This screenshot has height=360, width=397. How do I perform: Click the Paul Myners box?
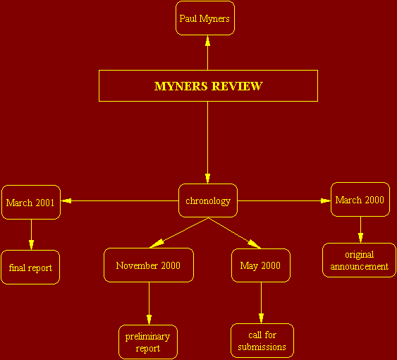coord(205,18)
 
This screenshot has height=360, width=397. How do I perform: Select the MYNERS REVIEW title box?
coord(208,85)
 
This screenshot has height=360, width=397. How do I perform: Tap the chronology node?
coord(208,200)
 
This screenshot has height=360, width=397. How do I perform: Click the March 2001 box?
coord(31,202)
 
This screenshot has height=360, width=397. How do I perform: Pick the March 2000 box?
coord(360,200)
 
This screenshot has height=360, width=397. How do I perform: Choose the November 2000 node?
coord(149,265)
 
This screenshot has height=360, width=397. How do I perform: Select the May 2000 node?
coord(261,265)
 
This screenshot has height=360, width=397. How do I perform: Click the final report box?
coord(30,268)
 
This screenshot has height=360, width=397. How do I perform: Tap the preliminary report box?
coord(148,342)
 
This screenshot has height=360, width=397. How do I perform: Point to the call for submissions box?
coord(262,340)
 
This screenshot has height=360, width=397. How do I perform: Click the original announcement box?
coord(359,260)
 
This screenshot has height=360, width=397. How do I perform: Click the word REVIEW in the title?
coord(237,86)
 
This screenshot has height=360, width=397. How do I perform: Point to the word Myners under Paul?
coord(214,18)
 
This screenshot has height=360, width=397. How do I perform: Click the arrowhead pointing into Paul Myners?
coord(207,40)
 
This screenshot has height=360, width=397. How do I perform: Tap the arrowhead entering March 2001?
coord(66,200)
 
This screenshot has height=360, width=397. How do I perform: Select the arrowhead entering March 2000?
coord(326,200)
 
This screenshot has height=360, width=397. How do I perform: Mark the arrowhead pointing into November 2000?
coord(157,244)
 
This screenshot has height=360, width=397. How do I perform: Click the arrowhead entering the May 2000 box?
coord(254,244)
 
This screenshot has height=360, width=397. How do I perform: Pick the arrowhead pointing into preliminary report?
coord(149,320)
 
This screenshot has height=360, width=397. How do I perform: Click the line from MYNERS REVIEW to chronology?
coord(207,143)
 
